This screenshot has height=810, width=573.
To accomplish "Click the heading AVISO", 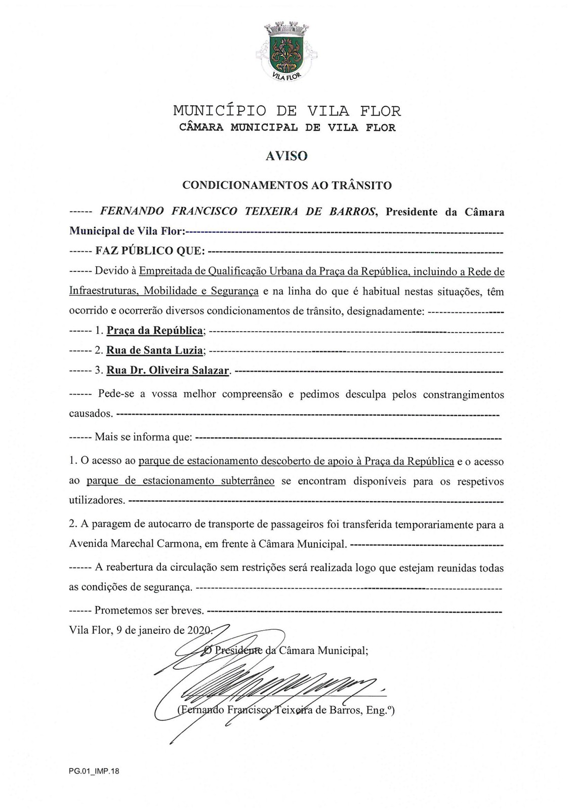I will tap(286, 156).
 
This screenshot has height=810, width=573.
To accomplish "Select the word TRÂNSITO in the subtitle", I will tap(361, 185).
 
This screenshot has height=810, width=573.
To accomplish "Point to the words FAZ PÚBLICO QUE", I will tap(150, 251).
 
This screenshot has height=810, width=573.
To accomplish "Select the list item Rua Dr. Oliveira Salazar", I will tap(168, 371).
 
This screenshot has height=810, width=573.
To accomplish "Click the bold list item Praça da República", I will tap(155, 331).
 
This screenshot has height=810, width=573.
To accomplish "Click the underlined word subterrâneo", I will tap(248, 481).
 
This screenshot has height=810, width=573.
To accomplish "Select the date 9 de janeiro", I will tap(144, 631).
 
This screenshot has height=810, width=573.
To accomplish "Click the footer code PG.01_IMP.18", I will tap(94, 772).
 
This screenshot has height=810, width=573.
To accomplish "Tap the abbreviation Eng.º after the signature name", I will tap(380, 710).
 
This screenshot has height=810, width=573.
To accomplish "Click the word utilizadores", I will tap(97, 501).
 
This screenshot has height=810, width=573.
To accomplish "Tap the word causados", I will tap(91, 414).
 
